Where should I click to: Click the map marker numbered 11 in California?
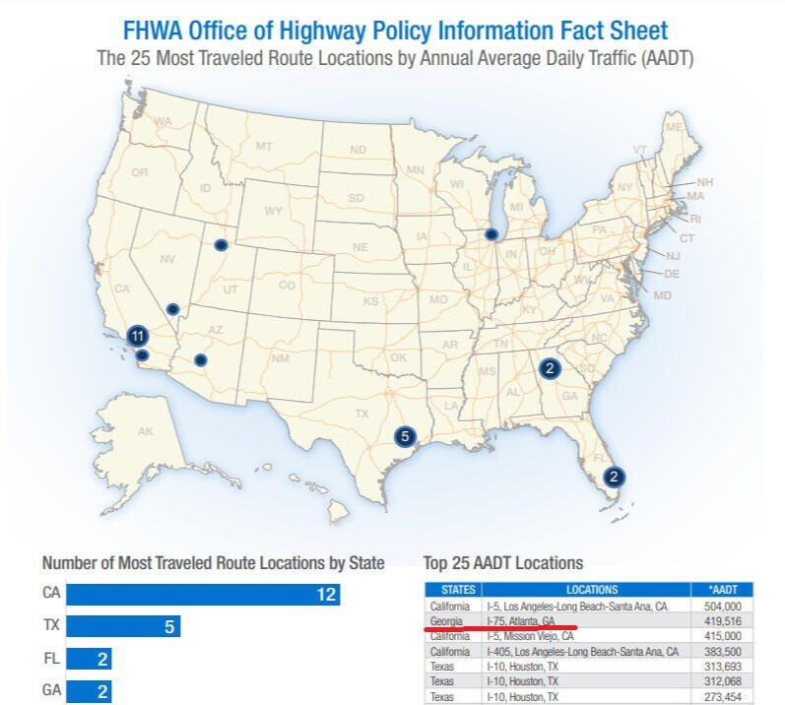pyautogui.click(x=138, y=336)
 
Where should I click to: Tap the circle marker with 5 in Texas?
pyautogui.click(x=403, y=434)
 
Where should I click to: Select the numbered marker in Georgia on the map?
pyautogui.click(x=550, y=369)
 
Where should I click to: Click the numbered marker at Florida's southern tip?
pyautogui.click(x=614, y=477)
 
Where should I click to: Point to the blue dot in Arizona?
pyautogui.click(x=201, y=360)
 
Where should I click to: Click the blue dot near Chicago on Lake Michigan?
pyautogui.click(x=491, y=234)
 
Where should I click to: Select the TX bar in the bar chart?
pyautogui.click(x=124, y=626)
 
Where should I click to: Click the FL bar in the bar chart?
pyautogui.click(x=90, y=659)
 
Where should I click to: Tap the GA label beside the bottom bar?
pyautogui.click(x=51, y=690)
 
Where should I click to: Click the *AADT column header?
pyautogui.click(x=723, y=590)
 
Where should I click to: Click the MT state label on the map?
pyautogui.click(x=263, y=147)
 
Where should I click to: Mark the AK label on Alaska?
pyautogui.click(x=145, y=431)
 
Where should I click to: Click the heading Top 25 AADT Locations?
pyautogui.click(x=502, y=563)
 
